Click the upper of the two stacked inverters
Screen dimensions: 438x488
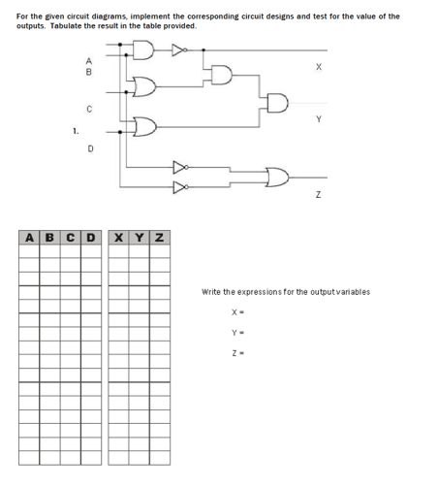tap(179, 166)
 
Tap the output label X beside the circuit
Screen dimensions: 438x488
tap(318, 67)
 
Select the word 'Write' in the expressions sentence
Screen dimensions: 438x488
tap(211, 292)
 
